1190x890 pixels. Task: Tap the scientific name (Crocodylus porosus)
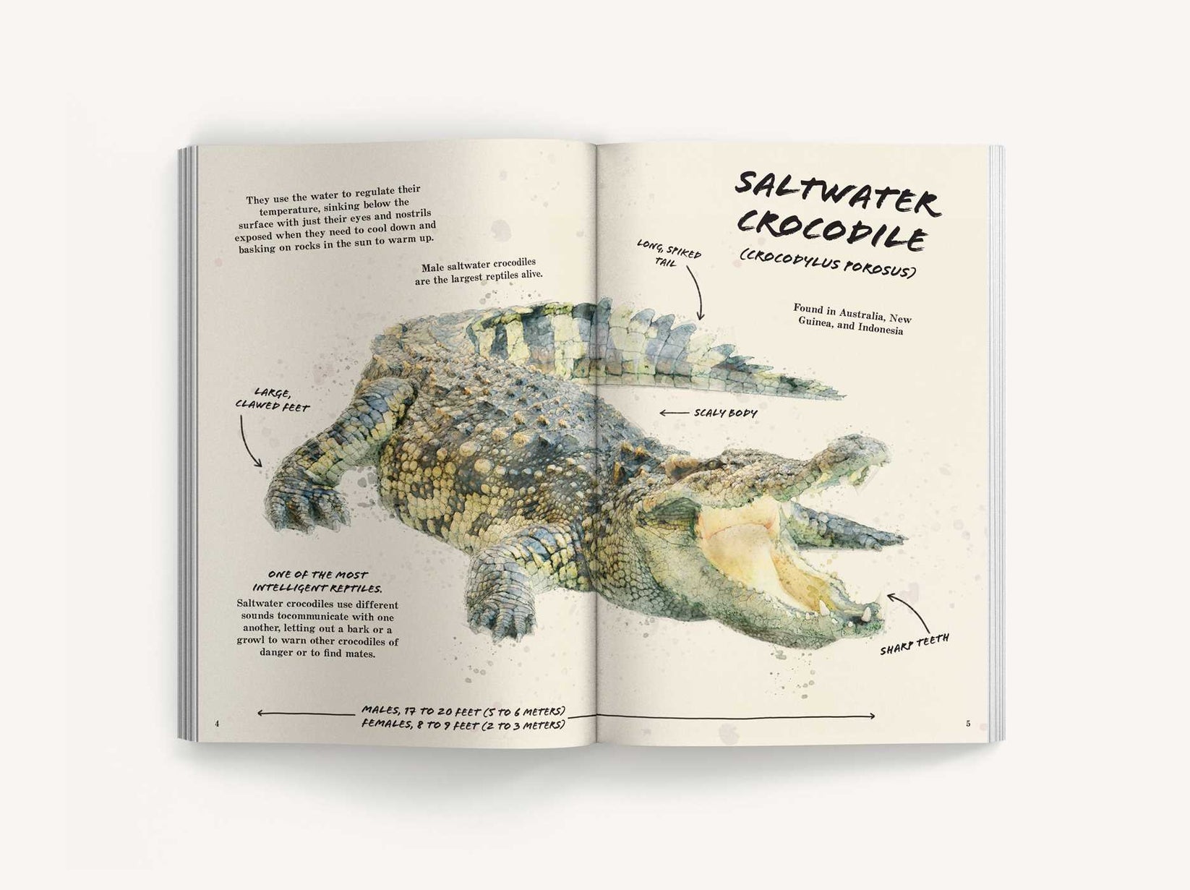tap(827, 265)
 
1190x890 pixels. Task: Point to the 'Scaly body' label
tap(725, 413)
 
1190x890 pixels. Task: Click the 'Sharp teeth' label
tap(914, 643)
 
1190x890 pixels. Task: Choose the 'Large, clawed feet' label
tap(272, 400)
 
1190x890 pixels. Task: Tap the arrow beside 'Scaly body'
tap(673, 413)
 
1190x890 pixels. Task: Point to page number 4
tap(216, 724)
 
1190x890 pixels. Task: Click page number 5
tap(968, 724)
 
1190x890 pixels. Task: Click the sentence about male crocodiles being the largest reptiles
tap(479, 270)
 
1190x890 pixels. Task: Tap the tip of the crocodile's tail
tap(843, 396)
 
